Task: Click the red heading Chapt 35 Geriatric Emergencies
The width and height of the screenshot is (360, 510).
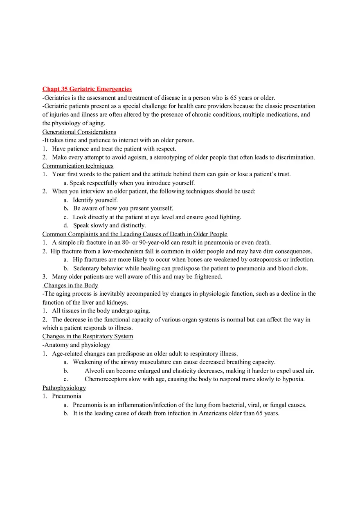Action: point(87,89)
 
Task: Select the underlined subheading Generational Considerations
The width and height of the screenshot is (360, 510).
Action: point(79,132)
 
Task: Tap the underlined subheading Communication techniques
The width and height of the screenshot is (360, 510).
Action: point(78,166)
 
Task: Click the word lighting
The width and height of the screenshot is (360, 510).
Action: point(229,217)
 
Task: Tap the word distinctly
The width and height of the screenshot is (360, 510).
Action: point(133,225)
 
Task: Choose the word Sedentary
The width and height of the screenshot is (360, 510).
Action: point(87,268)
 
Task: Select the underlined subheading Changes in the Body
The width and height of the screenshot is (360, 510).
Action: point(71,285)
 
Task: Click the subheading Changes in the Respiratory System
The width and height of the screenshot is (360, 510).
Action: point(88,336)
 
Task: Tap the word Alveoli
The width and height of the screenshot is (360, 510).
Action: point(94,371)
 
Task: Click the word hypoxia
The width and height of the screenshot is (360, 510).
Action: point(293,379)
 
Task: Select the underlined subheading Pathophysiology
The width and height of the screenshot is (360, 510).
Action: point(64,388)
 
